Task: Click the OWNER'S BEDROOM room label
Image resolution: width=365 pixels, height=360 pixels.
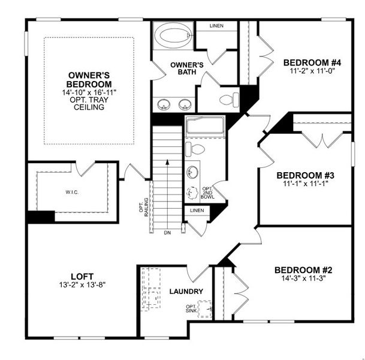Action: click(88, 80)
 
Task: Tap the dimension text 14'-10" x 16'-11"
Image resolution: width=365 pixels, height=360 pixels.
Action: click(88, 93)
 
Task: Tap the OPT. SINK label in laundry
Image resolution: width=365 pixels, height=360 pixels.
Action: click(190, 308)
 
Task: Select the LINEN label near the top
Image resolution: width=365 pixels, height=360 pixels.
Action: click(217, 26)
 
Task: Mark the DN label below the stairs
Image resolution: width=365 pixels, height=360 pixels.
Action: click(167, 232)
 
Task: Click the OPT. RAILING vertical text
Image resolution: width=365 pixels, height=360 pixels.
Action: click(144, 208)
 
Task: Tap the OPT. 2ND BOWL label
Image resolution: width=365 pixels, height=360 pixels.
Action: click(208, 193)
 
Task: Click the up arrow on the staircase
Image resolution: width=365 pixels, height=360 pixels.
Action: click(167, 161)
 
